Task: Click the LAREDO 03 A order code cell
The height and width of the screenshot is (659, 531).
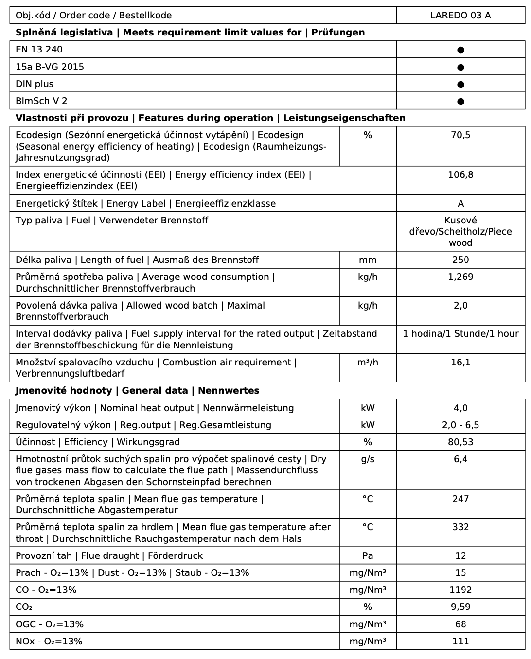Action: pos(460,16)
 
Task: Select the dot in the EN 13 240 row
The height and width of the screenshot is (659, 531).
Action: pos(461,50)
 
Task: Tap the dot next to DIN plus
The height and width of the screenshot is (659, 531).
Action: pos(461,85)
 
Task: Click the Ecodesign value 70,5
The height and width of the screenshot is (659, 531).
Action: pos(460,135)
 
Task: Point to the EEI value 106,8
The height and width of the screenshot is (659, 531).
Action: pos(460,175)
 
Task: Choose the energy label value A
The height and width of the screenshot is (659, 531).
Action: pos(461,204)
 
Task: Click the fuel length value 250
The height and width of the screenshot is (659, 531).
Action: pos(460,260)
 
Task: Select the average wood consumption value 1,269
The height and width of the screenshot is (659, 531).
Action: pos(460,277)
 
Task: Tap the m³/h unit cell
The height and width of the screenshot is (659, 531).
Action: pos(368,363)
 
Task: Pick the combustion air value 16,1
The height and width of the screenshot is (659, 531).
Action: pos(460,363)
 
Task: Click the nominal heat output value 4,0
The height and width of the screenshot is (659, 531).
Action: pos(460,408)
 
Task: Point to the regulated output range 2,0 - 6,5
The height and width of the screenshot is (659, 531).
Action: pos(460,425)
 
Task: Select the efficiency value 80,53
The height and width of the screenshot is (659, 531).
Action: pos(460,442)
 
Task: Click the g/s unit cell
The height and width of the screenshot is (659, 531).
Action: pos(368,459)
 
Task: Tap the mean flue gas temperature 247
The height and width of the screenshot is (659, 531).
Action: pos(460,499)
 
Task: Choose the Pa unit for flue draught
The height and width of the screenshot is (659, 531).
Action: pos(368,556)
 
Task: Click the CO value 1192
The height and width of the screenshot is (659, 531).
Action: pos(460,590)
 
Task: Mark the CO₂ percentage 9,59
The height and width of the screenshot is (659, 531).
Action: pos(460,607)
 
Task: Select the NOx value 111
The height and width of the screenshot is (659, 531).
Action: pos(460,642)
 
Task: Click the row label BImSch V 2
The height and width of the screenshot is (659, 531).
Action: pos(41,101)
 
